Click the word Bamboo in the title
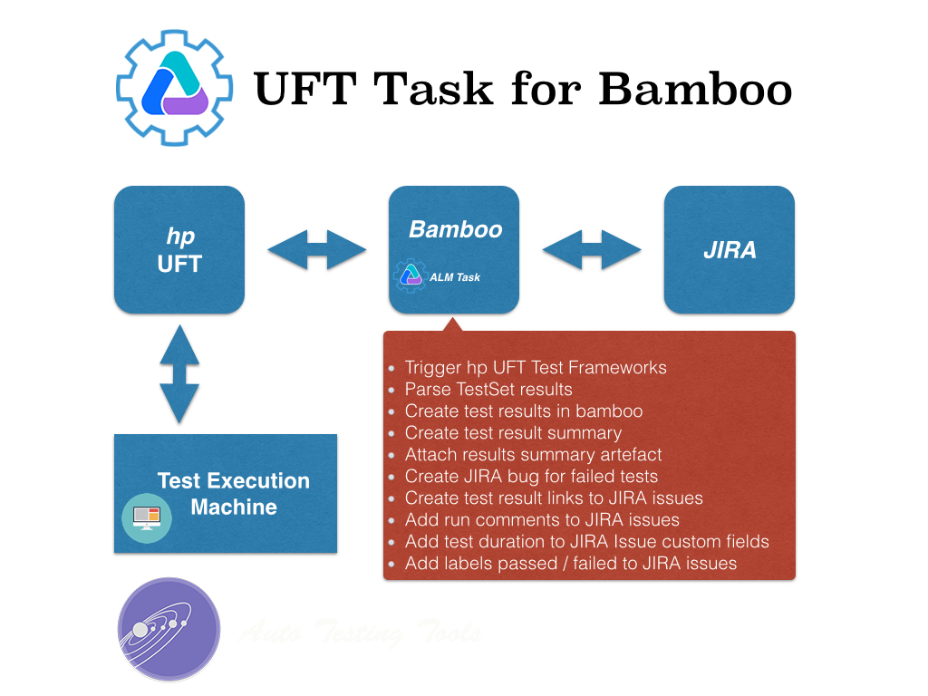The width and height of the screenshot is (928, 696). pos(695,89)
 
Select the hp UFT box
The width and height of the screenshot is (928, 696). pos(179,249)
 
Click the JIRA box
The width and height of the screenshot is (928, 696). pos(730,249)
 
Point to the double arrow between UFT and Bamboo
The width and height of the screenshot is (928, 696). pos(316,249)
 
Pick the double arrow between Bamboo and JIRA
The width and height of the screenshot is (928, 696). pos(592,249)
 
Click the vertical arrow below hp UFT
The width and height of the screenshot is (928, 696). pos(179,373)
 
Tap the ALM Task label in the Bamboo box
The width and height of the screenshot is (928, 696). pos(455,277)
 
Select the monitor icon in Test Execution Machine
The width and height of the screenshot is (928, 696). pos(145,517)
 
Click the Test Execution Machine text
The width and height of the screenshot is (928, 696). pos(234,494)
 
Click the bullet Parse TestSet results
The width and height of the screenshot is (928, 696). pos(488,390)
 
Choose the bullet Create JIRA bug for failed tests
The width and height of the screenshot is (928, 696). pos(531,476)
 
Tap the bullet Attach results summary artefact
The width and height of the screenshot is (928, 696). pos(533,454)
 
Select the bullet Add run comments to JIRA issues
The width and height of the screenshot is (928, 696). pos(542,519)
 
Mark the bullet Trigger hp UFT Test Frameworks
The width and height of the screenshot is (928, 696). pos(535,368)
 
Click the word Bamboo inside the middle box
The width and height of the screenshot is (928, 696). pos(455,229)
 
